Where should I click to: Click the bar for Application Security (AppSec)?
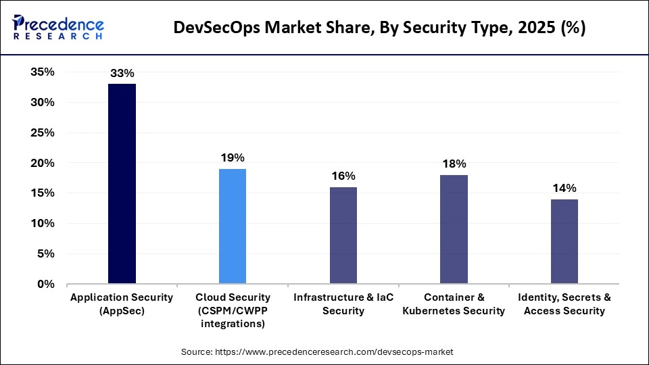tap(122, 183)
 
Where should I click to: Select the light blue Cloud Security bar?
tap(233, 226)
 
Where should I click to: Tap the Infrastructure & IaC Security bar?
tap(343, 235)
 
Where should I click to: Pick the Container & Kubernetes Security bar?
tap(454, 229)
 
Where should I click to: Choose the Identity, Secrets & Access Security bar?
tap(564, 241)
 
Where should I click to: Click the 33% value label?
tap(122, 73)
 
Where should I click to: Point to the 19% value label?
tap(233, 157)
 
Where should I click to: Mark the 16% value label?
tap(343, 176)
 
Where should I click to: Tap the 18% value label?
tap(454, 164)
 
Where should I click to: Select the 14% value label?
tap(564, 188)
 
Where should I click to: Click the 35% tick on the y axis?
tap(43, 72)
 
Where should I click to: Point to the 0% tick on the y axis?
tap(45, 284)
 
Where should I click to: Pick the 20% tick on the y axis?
tap(43, 163)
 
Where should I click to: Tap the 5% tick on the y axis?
tap(45, 254)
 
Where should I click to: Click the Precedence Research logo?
tap(58, 28)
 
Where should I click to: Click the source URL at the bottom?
tap(317, 352)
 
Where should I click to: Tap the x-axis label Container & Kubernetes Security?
tap(454, 304)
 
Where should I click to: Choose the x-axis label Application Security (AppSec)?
tap(122, 304)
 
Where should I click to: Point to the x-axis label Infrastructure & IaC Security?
tap(343, 304)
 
